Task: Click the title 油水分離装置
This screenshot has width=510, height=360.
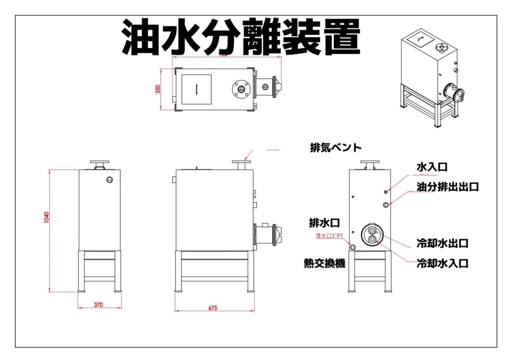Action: [x=241, y=38]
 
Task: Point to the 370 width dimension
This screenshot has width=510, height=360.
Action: [x=98, y=305]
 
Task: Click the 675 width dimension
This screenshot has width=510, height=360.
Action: [x=213, y=308]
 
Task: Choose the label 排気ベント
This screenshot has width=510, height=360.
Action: [x=335, y=148]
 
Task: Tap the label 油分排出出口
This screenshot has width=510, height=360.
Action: [x=447, y=187]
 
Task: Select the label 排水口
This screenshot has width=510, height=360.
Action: [x=324, y=222]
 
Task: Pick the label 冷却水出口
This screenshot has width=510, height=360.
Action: [x=443, y=244]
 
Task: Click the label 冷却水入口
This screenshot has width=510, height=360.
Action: [x=443, y=263]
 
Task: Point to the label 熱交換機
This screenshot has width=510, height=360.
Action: [x=324, y=263]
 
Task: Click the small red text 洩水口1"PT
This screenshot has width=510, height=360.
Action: [x=329, y=236]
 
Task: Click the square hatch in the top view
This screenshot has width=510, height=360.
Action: [x=196, y=90]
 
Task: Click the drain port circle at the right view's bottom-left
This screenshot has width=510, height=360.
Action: [x=353, y=246]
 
